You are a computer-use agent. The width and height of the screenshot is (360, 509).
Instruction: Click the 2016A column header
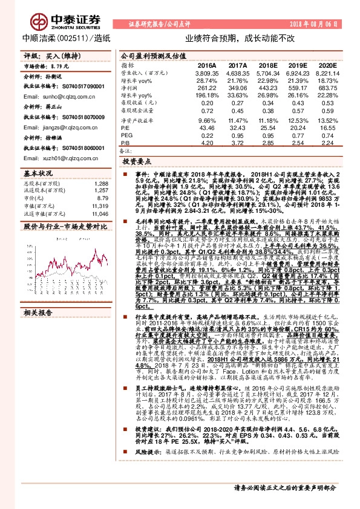point(207,65)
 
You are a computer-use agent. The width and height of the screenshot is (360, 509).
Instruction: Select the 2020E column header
point(326,65)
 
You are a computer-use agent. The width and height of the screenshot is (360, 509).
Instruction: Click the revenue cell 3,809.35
point(206,73)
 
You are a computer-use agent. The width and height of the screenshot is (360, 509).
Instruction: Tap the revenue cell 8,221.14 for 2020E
point(326,73)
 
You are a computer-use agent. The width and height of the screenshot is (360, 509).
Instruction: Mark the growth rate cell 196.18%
point(207,96)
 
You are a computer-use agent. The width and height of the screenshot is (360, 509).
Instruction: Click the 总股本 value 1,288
point(101,183)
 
